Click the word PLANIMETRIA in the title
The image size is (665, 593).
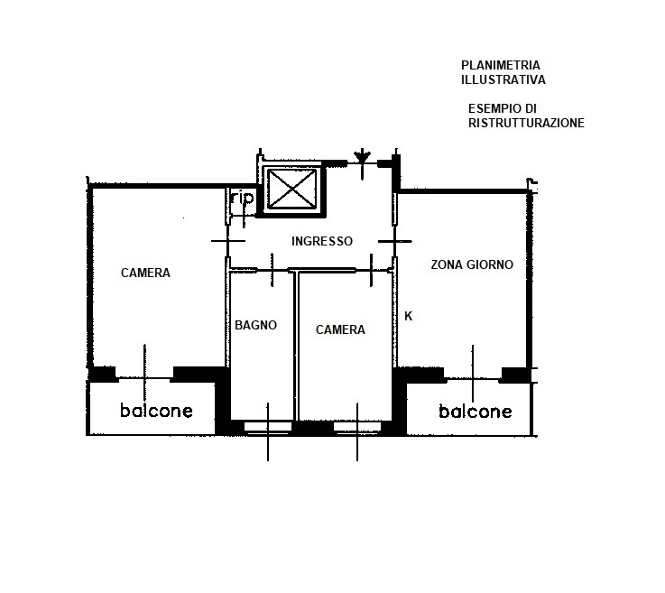[501, 65]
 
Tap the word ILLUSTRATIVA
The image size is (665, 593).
[503, 79]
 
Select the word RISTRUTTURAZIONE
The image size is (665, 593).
[526, 123]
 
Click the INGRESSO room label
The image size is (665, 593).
[322, 241]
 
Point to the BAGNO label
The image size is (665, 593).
[255, 325]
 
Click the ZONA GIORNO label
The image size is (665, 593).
[472, 264]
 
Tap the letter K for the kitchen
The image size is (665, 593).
[409, 316]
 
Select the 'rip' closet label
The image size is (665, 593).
[242, 198]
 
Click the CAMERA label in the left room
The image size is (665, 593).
[145, 273]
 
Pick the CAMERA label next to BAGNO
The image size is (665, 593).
[340, 329]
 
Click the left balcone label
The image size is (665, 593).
[156, 410]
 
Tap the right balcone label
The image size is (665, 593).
[475, 411]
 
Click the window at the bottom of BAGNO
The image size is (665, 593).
[268, 427]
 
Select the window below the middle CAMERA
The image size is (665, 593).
[357, 427]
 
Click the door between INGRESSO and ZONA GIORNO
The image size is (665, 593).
[395, 241]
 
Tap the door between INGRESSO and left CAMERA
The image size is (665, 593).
[227, 241]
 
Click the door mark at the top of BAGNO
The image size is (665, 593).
[272, 270]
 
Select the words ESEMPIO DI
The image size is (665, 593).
[503, 108]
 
